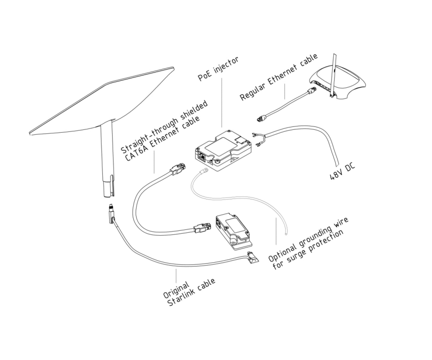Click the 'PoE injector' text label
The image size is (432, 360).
click(x=219, y=69)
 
